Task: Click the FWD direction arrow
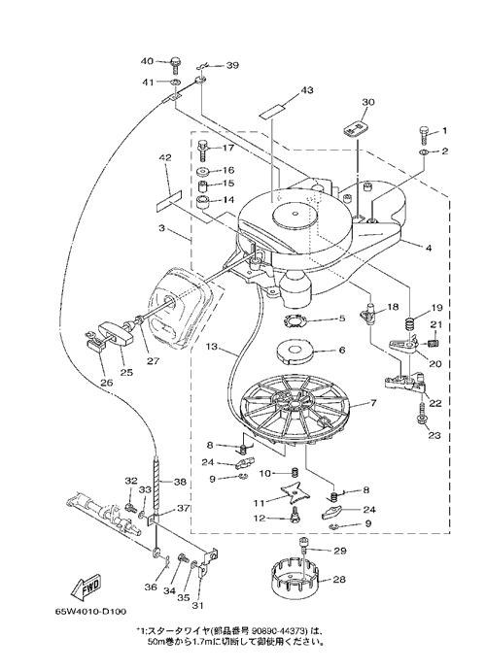[x=86, y=588]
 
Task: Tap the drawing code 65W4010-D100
[x=90, y=612]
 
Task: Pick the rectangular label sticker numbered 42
[x=167, y=200]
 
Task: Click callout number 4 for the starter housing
[x=428, y=248]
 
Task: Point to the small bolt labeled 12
[x=295, y=515]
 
